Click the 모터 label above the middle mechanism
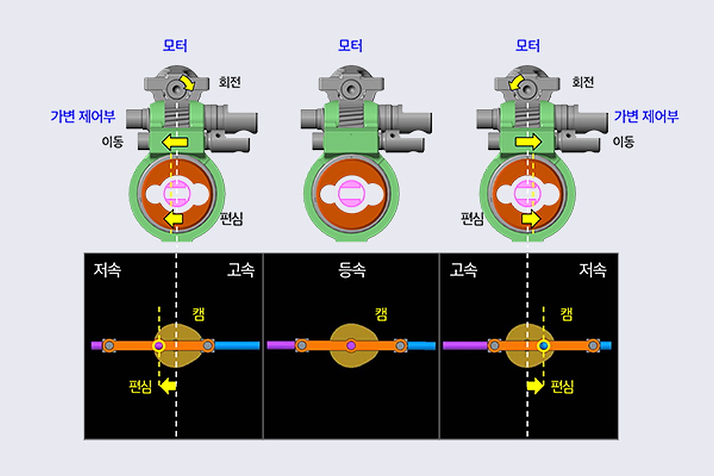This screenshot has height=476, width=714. pyautogui.click(x=350, y=45)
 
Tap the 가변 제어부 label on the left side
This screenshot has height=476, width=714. pyautogui.click(x=83, y=116)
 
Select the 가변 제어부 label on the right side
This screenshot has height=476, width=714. pyautogui.click(x=646, y=116)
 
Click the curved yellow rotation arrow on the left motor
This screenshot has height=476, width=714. pyautogui.click(x=187, y=82)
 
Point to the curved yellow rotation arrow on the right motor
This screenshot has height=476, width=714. pyautogui.click(x=515, y=82)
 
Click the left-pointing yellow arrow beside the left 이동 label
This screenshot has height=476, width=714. pyautogui.click(x=175, y=142)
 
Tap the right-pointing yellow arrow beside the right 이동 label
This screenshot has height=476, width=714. pyautogui.click(x=529, y=142)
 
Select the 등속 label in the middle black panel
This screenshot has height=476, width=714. pyautogui.click(x=352, y=270)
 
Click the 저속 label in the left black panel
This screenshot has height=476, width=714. pyautogui.click(x=107, y=270)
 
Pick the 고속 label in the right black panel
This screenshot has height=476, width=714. pyautogui.click(x=463, y=270)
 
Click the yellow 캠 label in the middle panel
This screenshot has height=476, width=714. pyautogui.click(x=381, y=314)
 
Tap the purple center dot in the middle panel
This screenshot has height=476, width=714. pyautogui.click(x=351, y=346)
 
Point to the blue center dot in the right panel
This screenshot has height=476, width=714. pyautogui.click(x=542, y=346)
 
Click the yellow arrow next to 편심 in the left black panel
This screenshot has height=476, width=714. pyautogui.click(x=169, y=386)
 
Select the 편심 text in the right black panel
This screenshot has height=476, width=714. pyautogui.click(x=562, y=387)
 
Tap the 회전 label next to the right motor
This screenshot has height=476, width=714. pyautogui.click(x=583, y=82)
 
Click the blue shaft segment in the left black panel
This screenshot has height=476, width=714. pyautogui.click(x=237, y=346)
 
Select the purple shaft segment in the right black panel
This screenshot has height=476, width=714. pyautogui.click(x=465, y=346)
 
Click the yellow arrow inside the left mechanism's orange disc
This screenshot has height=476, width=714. pyautogui.click(x=173, y=219)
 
